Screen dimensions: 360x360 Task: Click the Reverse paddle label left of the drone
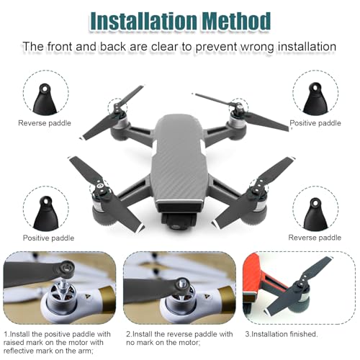45,123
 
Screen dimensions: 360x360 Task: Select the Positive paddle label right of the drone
315,123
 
